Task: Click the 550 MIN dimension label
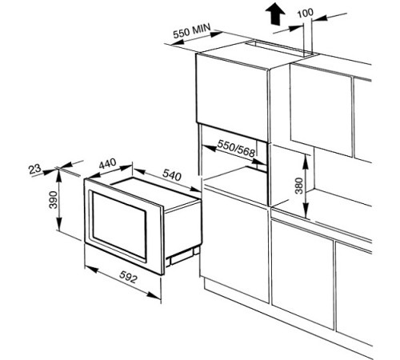[192, 30]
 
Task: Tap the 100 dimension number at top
[305, 13]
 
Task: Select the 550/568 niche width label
[236, 148]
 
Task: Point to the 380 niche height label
[299, 186]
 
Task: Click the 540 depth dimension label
[172, 174]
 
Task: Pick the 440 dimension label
[107, 163]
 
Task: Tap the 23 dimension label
[34, 169]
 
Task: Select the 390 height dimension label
[54, 200]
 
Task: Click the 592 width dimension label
[129, 276]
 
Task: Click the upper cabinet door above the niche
[232, 97]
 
